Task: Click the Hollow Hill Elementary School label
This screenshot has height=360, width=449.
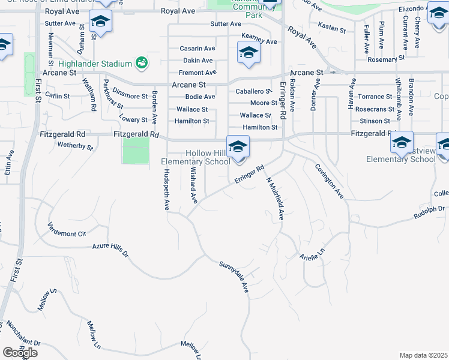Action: [196, 158]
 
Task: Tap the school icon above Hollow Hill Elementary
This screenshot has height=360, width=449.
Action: [238, 146]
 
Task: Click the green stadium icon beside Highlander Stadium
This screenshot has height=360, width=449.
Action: [142, 62]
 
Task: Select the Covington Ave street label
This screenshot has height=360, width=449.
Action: [330, 180]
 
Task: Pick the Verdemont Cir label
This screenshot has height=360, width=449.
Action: [67, 229]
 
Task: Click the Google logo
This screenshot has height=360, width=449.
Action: [20, 353]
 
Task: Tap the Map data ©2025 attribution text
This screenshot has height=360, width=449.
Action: [423, 355]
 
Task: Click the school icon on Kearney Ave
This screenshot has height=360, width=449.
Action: [249, 53]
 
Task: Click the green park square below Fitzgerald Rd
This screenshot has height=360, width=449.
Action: [136, 151]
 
